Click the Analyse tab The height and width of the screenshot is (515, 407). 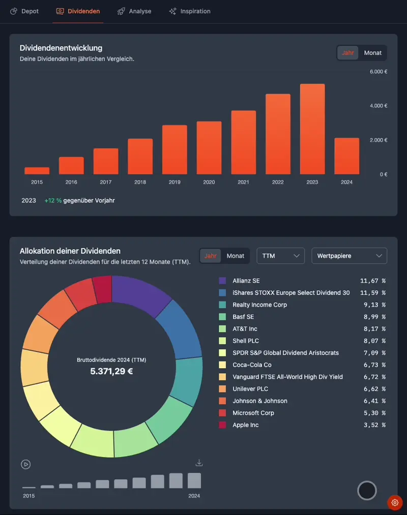[134, 11]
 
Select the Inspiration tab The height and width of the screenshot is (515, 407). [190, 11]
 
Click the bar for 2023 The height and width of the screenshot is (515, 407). [312, 130]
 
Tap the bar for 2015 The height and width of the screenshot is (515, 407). [37, 171]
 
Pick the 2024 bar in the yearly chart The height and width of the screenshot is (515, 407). [346, 156]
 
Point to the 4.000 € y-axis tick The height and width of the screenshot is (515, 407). [379, 106]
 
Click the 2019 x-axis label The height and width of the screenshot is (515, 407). [175, 182]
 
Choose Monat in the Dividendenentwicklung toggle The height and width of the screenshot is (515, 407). [373, 53]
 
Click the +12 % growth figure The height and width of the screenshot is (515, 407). [53, 201]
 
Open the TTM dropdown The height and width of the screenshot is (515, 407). [280, 256]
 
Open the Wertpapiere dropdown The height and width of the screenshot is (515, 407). [349, 256]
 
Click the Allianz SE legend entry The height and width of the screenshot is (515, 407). [246, 281]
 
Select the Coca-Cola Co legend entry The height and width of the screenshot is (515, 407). [252, 365]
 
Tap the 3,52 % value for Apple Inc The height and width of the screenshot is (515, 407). [372, 425]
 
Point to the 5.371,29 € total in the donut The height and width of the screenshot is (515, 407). [111, 371]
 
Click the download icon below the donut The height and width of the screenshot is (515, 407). [199, 463]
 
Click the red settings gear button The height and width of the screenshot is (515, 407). [395, 502]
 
